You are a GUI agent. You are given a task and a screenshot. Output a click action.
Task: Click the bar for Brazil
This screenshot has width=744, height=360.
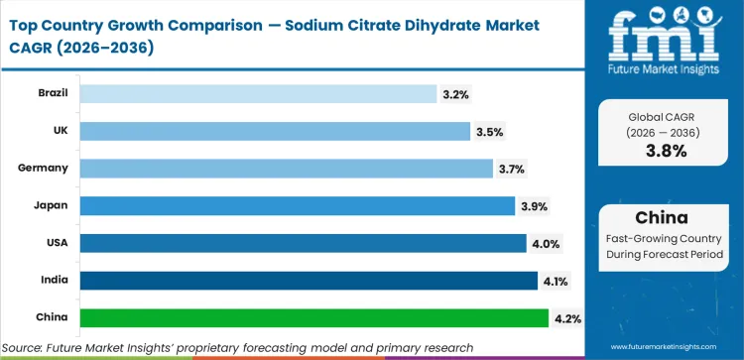click(258, 93)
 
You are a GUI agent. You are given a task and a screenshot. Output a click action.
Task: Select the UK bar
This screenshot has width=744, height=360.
click(275, 131)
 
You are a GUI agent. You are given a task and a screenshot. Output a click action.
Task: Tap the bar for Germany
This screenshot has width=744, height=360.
click(286, 169)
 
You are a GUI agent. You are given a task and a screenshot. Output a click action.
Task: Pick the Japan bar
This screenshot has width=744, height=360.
click(298, 205)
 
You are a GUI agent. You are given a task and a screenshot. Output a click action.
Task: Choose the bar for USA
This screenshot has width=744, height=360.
click(303, 243)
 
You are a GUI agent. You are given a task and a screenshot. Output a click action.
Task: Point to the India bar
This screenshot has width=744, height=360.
click(309, 281)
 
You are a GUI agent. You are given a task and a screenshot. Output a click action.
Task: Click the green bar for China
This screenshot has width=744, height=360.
click(313, 317)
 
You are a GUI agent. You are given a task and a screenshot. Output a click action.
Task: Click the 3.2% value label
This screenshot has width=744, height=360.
click(455, 94)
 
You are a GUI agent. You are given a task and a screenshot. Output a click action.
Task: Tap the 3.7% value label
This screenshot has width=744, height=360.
click(511, 169)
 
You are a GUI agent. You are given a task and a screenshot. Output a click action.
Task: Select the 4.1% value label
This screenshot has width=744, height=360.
click(556, 281)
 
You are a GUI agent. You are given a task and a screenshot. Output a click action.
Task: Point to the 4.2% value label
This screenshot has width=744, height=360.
click(567, 318)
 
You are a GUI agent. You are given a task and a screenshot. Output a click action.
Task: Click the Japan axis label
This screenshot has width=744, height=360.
click(51, 205)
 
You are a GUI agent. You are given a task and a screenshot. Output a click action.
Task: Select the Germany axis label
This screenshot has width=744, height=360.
click(43, 169)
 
